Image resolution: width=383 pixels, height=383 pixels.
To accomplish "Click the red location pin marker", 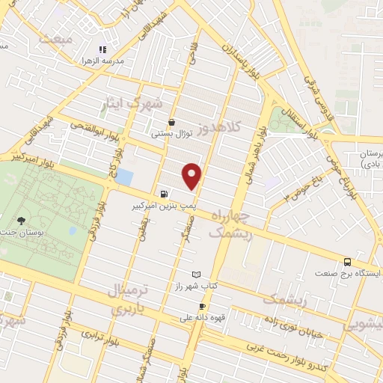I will [x=193, y=176].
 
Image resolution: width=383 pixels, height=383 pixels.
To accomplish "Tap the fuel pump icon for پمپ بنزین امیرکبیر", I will [x=164, y=191].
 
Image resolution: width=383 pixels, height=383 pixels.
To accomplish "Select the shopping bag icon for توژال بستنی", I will [x=173, y=121].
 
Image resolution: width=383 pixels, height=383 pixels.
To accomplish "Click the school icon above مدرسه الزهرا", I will [x=103, y=49].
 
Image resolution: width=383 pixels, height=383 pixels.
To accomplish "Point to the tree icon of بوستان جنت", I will [x=21, y=221].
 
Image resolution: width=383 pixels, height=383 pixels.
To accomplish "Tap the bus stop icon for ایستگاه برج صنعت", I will [x=347, y=262].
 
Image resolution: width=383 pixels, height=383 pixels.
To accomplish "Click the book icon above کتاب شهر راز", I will [x=197, y=275].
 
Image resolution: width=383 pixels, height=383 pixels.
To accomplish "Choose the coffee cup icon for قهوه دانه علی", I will [x=202, y=307].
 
